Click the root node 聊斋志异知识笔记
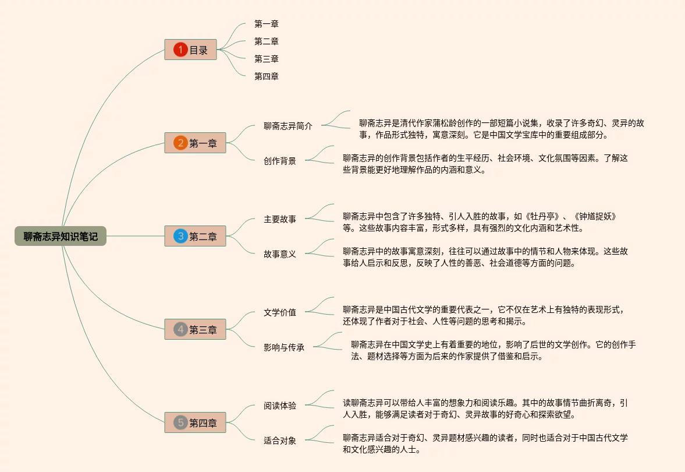point(61,236)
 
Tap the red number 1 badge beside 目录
point(180,50)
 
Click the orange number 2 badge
point(180,143)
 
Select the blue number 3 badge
point(180,236)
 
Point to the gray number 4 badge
point(180,330)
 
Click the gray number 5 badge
point(180,423)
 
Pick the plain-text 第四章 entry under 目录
point(267,76)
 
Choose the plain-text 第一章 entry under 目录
point(267,24)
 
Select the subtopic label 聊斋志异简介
point(288,126)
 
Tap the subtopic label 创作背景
point(280,161)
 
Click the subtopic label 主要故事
point(280,219)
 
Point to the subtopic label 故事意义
point(280,254)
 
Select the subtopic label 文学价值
point(280,312)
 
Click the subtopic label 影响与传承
point(284,347)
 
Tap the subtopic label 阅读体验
point(280,406)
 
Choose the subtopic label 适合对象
point(280,441)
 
